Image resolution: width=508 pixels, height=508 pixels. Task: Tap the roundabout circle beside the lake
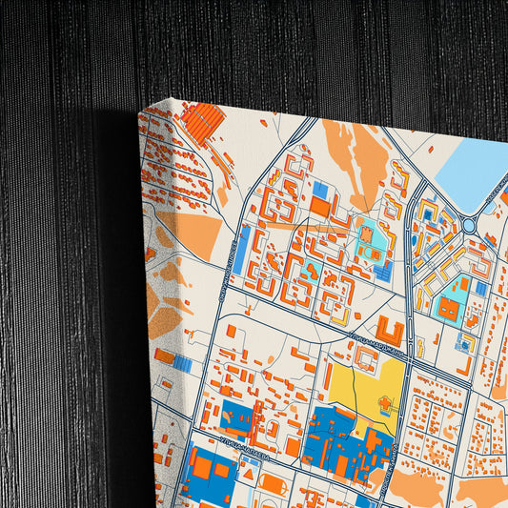pos(469,225)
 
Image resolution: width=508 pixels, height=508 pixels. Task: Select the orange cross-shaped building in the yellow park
pos(385,405)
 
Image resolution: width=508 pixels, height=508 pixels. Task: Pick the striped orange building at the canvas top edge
pos(202,122)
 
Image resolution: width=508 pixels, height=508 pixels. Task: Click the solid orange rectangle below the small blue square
pos(320,206)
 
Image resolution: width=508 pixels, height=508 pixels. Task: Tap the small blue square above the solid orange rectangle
pos(320,191)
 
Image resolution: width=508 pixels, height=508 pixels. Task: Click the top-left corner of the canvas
pos(139,112)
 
